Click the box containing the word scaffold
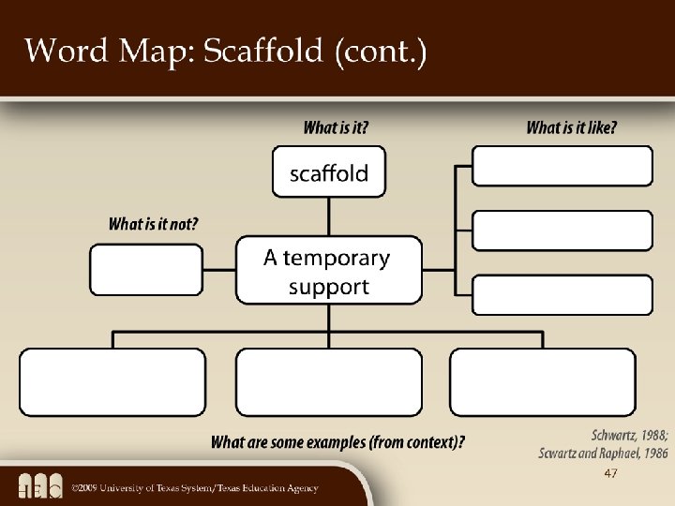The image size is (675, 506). (328, 171)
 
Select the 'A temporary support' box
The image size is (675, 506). (328, 271)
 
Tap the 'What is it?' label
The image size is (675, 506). (336, 127)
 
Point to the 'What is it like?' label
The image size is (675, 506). (572, 127)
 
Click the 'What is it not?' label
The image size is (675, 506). (154, 224)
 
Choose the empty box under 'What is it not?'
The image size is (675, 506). (146, 270)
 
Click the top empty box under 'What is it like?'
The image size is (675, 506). (562, 166)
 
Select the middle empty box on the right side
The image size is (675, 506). (562, 231)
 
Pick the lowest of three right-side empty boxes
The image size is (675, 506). (562, 294)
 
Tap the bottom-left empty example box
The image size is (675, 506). (112, 382)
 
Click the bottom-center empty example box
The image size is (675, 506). (328, 382)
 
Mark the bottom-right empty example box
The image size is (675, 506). (543, 382)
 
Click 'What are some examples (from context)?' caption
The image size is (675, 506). (338, 441)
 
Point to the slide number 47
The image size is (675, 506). (610, 474)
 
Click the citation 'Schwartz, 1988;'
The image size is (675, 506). (630, 436)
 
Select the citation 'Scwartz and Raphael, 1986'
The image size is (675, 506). (603, 454)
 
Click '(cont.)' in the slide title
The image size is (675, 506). (380, 52)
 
